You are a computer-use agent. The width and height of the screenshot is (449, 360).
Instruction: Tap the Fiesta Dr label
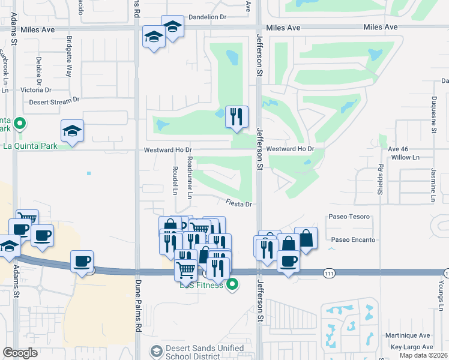click(239, 204)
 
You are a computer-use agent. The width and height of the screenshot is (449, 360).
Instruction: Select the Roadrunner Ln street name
click(189, 178)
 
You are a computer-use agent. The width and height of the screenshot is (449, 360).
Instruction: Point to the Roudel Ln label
click(175, 181)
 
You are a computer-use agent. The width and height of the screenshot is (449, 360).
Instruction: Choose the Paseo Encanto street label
click(353, 240)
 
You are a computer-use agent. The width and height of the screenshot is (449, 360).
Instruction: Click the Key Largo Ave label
click(411, 347)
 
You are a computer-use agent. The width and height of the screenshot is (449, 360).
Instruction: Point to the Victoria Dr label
click(37, 89)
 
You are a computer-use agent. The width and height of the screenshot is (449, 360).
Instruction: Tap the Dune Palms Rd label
click(137, 312)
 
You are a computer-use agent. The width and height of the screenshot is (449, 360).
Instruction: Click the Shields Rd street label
click(380, 178)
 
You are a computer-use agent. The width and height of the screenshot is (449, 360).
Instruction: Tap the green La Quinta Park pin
click(20, 124)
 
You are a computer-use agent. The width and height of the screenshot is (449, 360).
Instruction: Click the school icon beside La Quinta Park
click(72, 131)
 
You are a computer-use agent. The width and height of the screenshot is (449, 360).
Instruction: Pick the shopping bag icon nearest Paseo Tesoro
click(306, 238)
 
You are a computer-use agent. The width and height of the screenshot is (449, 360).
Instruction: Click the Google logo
click(20, 352)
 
